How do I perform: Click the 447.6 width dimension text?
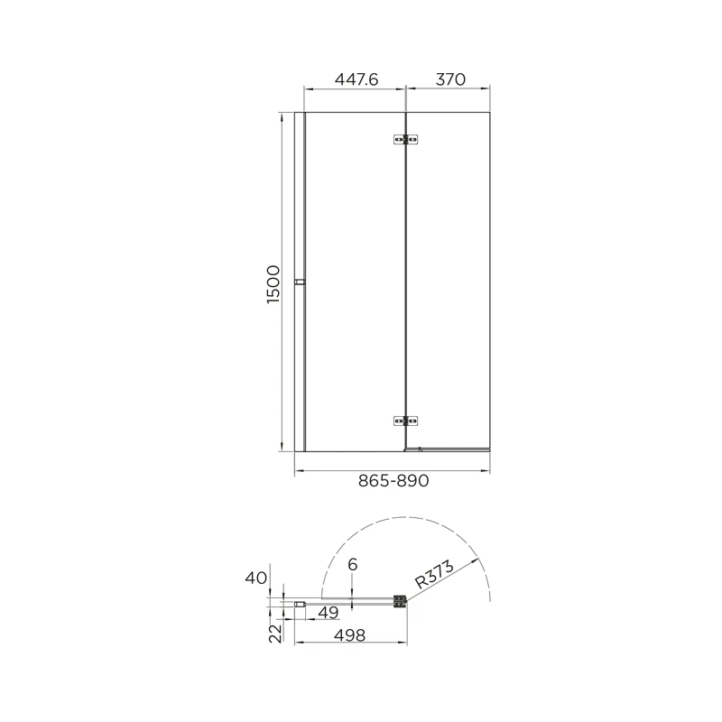pyautogui.click(x=355, y=79)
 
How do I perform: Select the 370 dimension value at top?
pyautogui.click(x=449, y=79)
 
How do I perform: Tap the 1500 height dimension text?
pyautogui.click(x=274, y=283)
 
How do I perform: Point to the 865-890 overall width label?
pyautogui.click(x=393, y=482)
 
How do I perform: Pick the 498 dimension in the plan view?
pyautogui.click(x=349, y=635)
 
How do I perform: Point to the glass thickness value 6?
pyautogui.click(x=352, y=565)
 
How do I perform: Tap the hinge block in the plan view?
pyautogui.click(x=399, y=601)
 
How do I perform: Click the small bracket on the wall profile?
pyautogui.click(x=300, y=282)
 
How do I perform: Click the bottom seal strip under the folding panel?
pyautogui.click(x=449, y=448)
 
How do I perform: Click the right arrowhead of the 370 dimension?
pyautogui.click(x=487, y=89)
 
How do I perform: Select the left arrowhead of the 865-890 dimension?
pyautogui.click(x=299, y=471)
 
